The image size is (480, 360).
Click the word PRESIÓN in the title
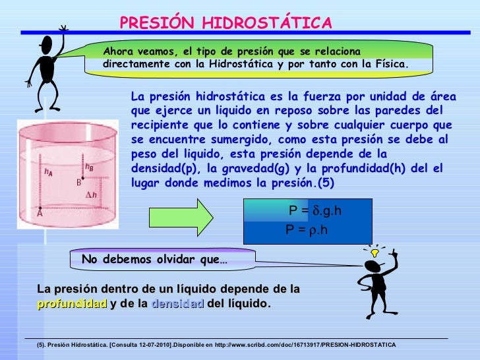[x=156, y=24]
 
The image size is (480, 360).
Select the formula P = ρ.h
[x=307, y=230]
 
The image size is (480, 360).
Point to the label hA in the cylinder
[x=48, y=172]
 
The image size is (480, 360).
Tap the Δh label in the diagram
[x=93, y=195]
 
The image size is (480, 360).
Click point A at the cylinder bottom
[x=40, y=212]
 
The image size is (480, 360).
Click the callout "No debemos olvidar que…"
[x=154, y=259]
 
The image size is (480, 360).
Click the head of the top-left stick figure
[x=46, y=45]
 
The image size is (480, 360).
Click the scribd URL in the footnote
[x=309, y=345]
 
